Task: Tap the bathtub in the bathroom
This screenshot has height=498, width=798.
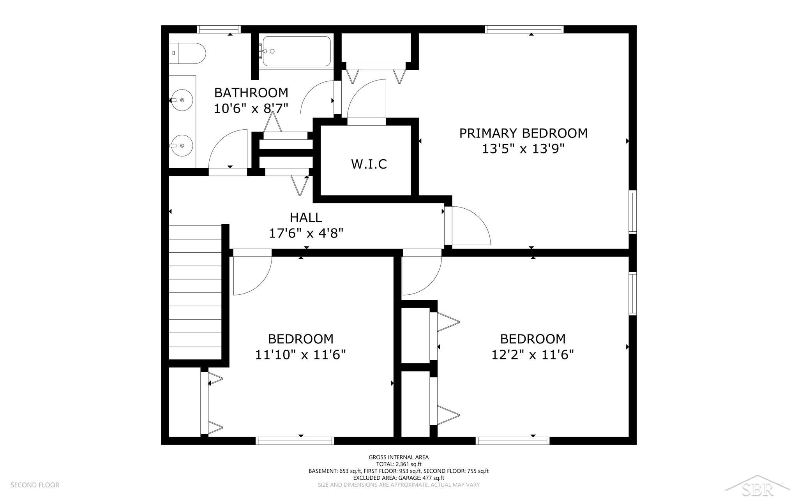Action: click(297, 51)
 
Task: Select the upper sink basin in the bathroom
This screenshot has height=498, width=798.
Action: click(182, 100)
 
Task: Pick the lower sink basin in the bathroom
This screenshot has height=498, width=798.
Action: click(182, 146)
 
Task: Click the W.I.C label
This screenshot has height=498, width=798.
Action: click(369, 164)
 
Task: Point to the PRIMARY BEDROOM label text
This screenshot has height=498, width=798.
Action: click(523, 133)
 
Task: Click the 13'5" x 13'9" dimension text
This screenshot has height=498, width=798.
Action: click(523, 149)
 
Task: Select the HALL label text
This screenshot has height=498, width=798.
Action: click(306, 217)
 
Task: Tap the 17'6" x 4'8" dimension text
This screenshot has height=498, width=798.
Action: click(306, 233)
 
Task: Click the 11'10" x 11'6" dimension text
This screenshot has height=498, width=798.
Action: click(300, 355)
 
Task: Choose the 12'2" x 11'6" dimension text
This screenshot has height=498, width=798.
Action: click(533, 355)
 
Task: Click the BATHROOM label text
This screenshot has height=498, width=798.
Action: click(251, 93)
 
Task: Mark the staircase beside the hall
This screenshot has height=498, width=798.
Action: click(195, 292)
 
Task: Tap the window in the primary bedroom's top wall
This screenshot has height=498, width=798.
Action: click(524, 29)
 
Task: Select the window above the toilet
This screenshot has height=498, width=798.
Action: click(218, 29)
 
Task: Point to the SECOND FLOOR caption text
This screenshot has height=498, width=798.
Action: click(35, 485)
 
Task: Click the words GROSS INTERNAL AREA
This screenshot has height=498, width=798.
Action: click(399, 457)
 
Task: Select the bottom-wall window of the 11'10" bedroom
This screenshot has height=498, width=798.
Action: click(295, 441)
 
